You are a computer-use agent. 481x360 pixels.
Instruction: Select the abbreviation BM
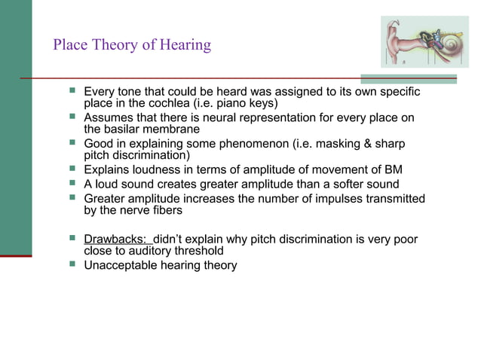[392, 170]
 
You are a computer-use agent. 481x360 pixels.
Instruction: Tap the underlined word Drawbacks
[115, 239]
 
